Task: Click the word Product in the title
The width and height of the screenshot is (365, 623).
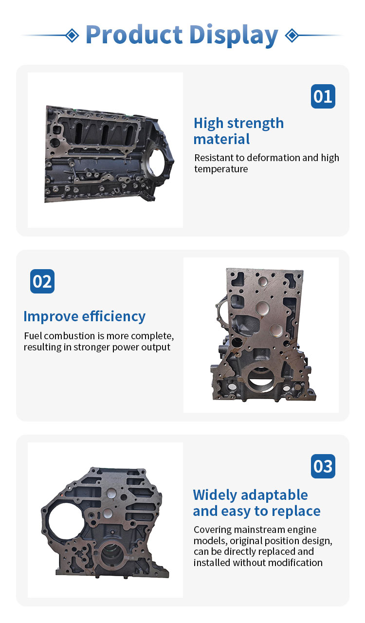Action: [x=134, y=35]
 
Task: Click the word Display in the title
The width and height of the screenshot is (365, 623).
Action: [x=234, y=36]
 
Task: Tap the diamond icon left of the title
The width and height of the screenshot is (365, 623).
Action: [x=73, y=36]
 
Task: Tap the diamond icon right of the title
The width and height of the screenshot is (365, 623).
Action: [x=292, y=36]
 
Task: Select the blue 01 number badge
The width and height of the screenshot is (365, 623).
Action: [x=323, y=96]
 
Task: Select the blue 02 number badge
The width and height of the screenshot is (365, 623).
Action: [x=42, y=281]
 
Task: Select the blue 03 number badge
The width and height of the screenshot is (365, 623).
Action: [x=323, y=466]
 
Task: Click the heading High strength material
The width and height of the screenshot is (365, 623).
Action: [x=238, y=131]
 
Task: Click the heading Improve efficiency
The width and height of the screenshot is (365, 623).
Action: [x=84, y=316]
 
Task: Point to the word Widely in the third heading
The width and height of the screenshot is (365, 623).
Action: [x=215, y=495]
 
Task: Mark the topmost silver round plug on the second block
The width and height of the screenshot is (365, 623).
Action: [x=263, y=281]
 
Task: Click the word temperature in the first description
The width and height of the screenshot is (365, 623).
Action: [x=221, y=169]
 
